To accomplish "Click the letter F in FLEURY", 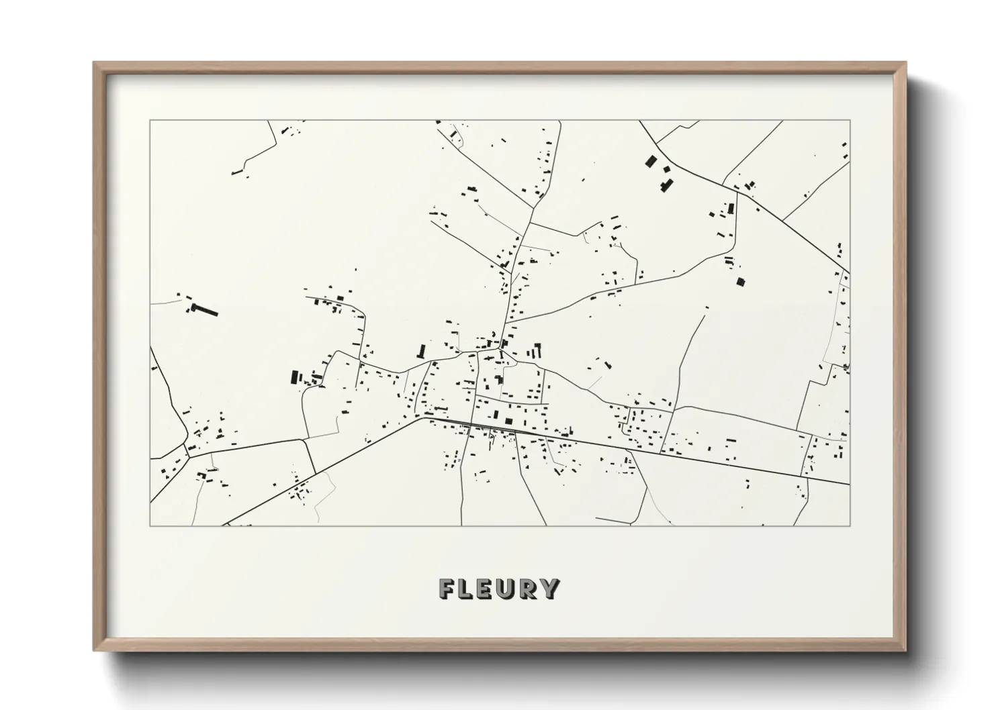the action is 447,589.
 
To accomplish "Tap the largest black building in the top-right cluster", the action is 650,161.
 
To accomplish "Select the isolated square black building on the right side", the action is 741,282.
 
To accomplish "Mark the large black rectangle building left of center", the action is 293,376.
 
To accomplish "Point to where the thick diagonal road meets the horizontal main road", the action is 424,417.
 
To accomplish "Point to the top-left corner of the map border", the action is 150,121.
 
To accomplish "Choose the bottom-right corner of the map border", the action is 850,525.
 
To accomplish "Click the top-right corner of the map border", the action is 850,121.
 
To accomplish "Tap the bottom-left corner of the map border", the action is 150,525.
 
